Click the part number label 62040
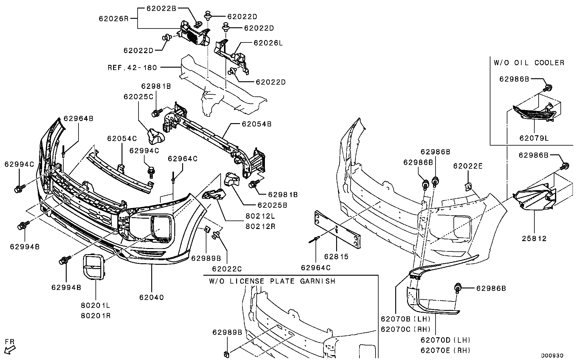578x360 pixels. point(151,298)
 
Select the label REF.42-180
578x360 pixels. point(132,67)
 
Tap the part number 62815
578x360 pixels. point(336,257)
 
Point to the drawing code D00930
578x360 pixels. point(552,355)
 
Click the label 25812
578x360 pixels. point(534,239)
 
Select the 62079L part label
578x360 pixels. point(534,138)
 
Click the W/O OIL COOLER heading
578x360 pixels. point(529,63)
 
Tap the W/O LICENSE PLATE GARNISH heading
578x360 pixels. point(272,281)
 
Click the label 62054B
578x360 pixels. point(256,124)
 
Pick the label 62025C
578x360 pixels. point(138,97)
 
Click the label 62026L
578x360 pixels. point(268,43)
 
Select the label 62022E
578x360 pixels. point(468,166)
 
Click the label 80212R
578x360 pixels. point(260,226)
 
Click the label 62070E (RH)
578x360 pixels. point(445,351)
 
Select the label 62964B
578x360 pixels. point(79,119)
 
